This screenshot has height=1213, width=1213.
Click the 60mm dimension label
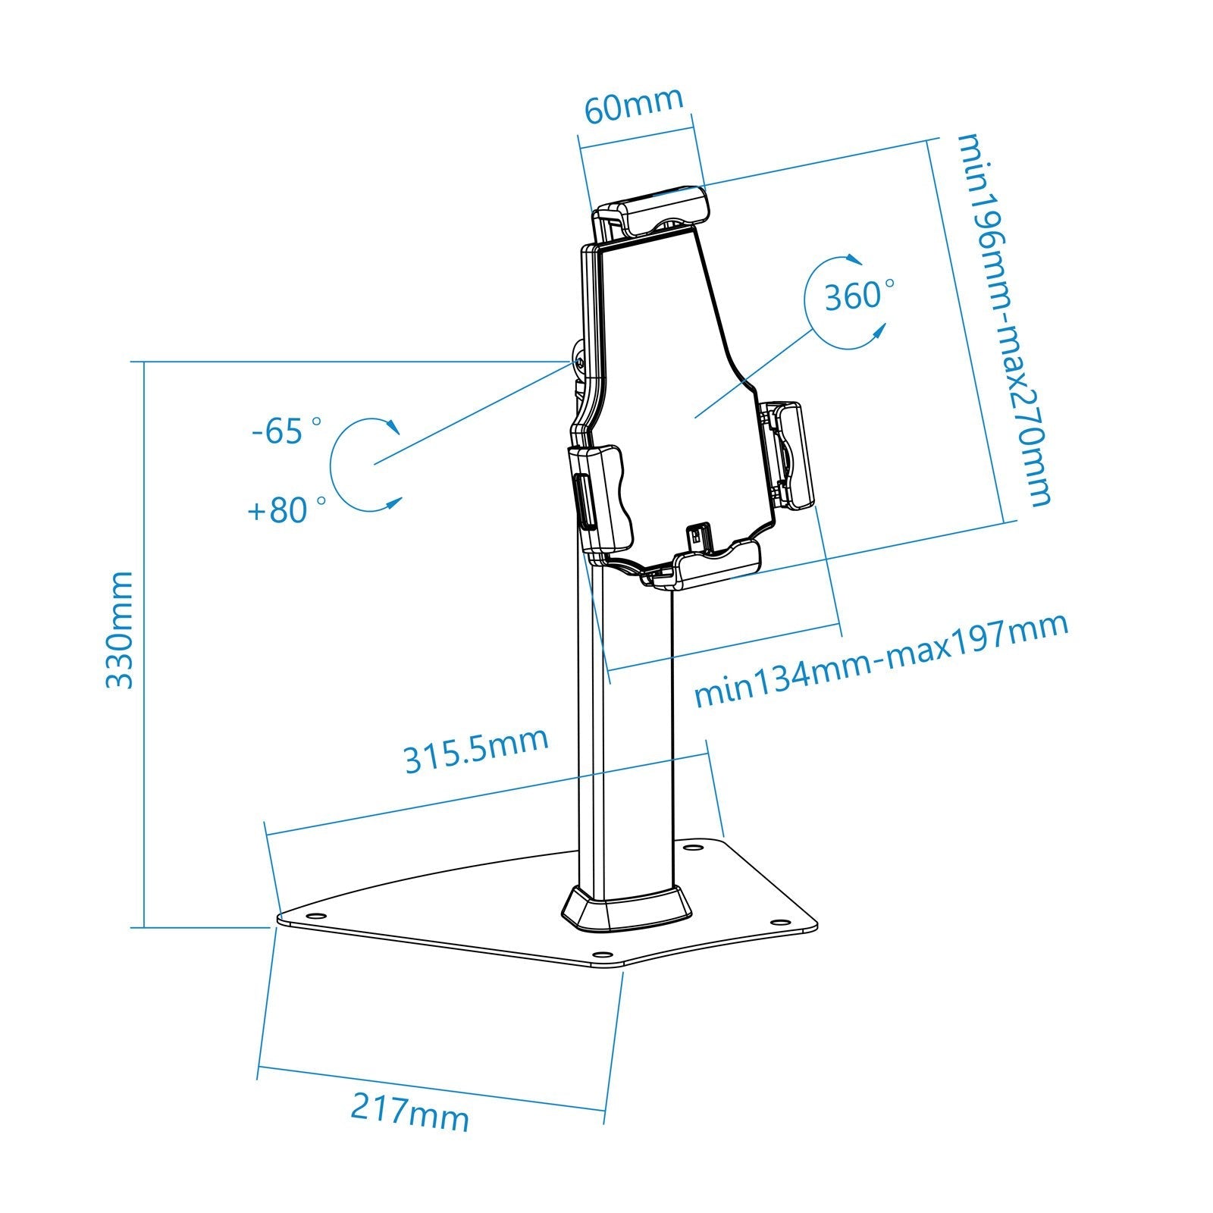click(634, 106)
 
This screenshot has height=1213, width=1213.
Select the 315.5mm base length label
click(475, 750)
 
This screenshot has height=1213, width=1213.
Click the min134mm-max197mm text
click(881, 659)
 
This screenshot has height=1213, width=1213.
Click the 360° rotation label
click(857, 295)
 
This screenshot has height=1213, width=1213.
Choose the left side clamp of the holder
click(602, 497)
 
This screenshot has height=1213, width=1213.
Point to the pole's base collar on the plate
click(626, 907)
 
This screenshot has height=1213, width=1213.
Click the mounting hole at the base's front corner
click(602, 954)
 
